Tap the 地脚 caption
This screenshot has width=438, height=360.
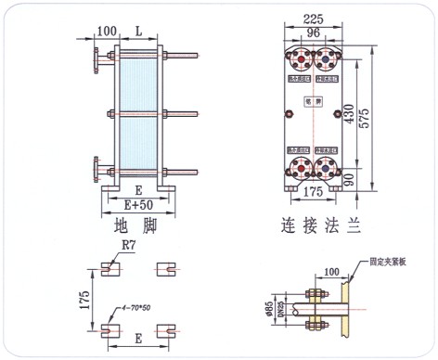(135, 225)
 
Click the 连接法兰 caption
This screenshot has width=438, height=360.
(317, 225)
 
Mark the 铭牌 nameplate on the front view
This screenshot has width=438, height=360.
(313, 103)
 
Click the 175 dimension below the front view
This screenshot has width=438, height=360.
(313, 193)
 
